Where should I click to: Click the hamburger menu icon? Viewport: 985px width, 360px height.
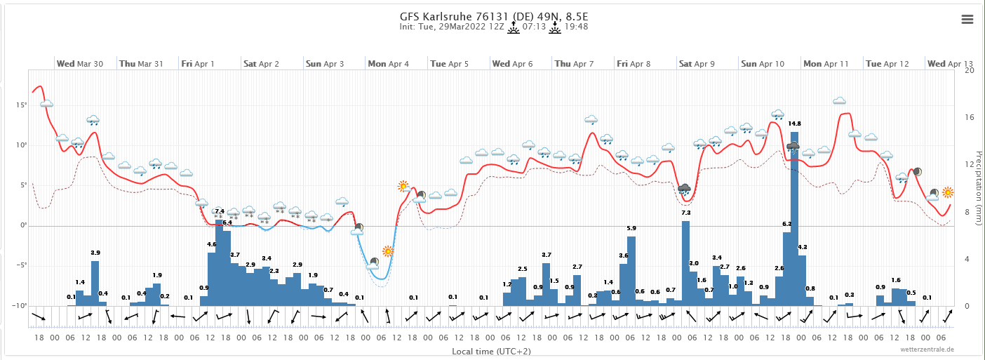click(x=967, y=20)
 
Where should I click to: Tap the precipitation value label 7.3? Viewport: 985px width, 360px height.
click(x=686, y=213)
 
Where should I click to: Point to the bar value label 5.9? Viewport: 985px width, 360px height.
click(x=631, y=228)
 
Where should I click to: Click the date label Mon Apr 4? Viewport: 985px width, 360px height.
click(x=388, y=64)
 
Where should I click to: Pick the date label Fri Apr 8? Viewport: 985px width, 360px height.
click(x=634, y=64)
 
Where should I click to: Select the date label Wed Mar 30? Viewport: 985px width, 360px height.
click(x=80, y=64)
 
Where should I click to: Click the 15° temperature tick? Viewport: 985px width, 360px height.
click(x=21, y=105)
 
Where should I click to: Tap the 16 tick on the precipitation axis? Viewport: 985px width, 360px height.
click(x=970, y=117)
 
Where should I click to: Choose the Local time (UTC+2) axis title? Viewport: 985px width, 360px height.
click(x=492, y=350)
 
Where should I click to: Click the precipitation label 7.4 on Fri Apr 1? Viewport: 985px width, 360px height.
click(x=219, y=211)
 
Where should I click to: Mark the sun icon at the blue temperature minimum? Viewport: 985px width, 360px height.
click(x=388, y=251)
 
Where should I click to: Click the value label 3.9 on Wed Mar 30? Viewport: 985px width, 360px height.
click(x=95, y=253)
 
